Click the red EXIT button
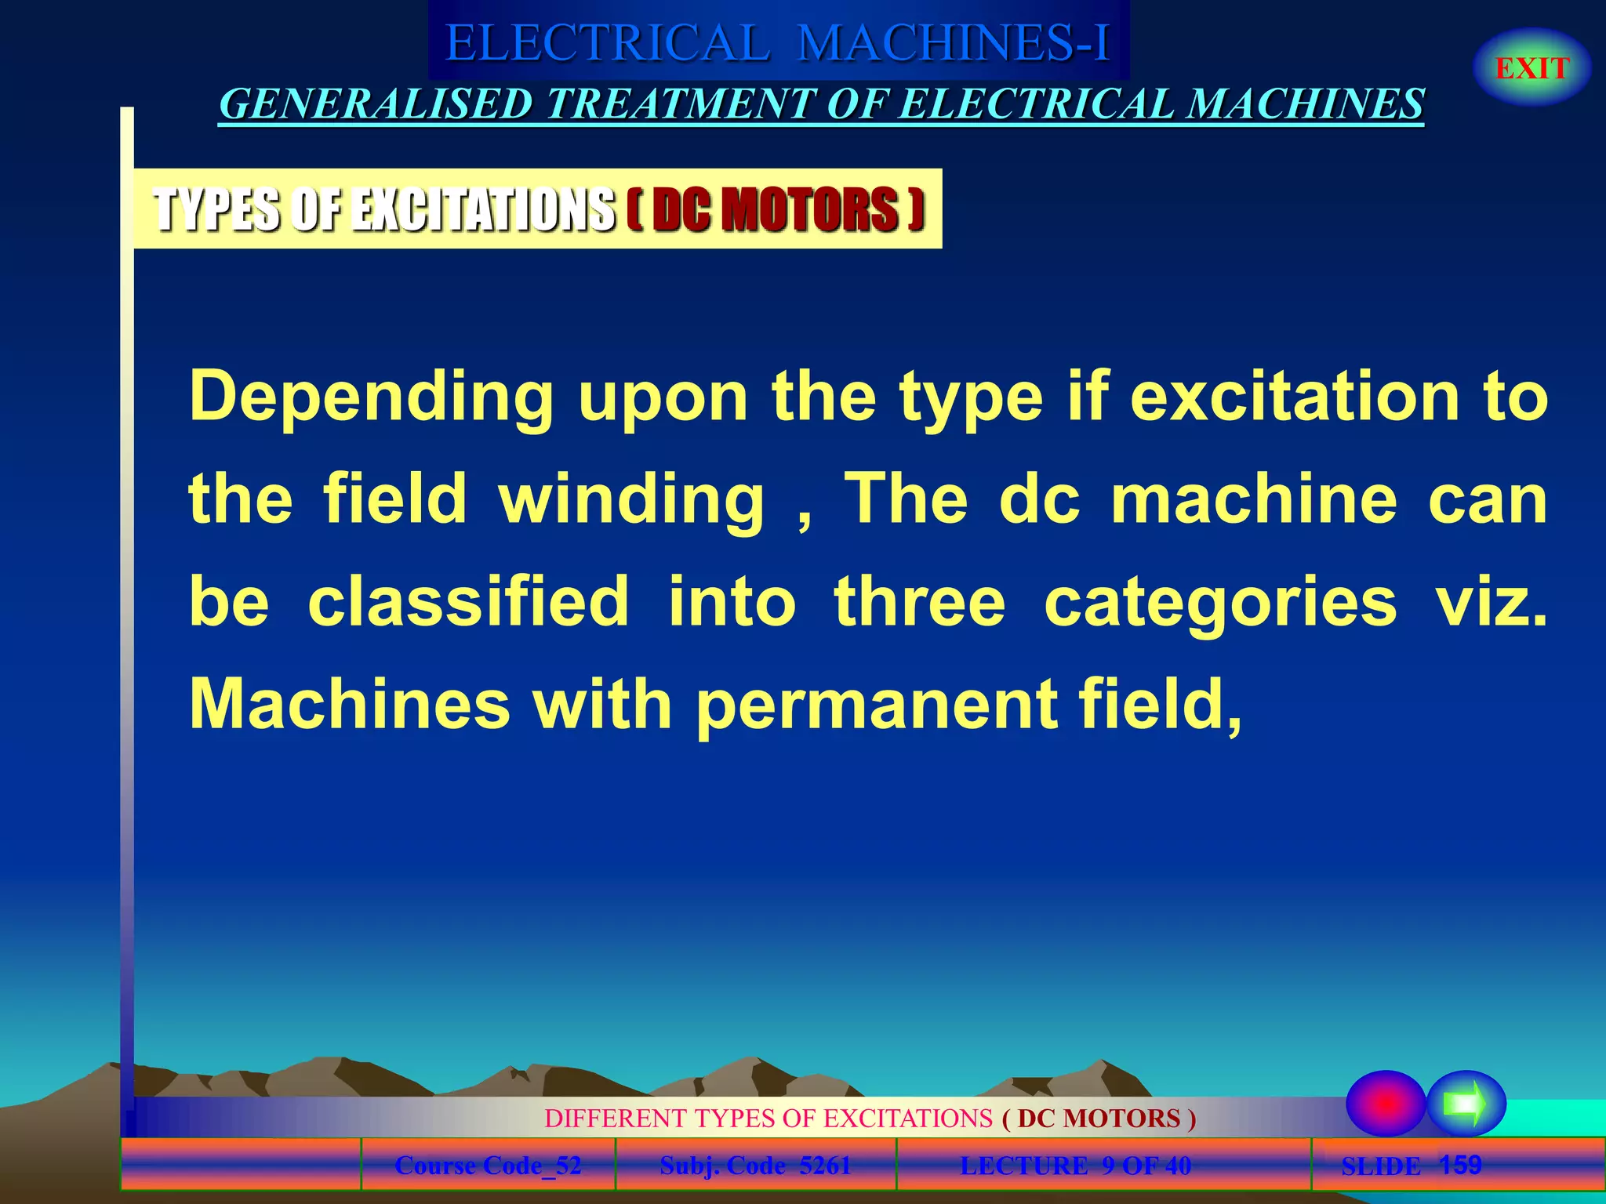pyautogui.click(x=1532, y=68)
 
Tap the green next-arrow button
pyautogui.click(x=1466, y=1103)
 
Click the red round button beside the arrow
pyautogui.click(x=1386, y=1103)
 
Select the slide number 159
pyautogui.click(x=1460, y=1164)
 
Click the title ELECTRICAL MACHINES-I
pyautogui.click(x=778, y=42)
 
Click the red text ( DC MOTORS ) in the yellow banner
pyautogui.click(x=776, y=209)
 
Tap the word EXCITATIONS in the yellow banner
pyautogui.click(x=482, y=209)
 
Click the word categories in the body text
pyautogui.click(x=1220, y=604)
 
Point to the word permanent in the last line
pyautogui.click(x=876, y=705)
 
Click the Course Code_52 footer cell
pyautogui.click(x=488, y=1166)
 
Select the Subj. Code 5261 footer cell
pyautogui.click(x=755, y=1166)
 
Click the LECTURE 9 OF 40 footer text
pyautogui.click(x=1075, y=1166)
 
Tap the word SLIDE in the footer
pyautogui.click(x=1380, y=1166)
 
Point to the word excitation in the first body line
pyautogui.click(x=1294, y=397)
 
